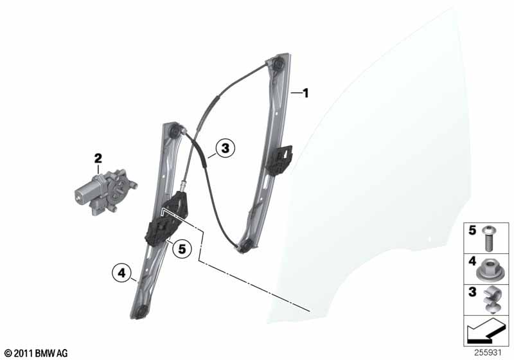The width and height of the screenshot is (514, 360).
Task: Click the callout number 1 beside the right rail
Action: click(306, 93)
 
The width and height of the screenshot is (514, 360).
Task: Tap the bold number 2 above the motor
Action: click(98, 158)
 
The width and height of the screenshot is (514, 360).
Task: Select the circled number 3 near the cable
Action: click(226, 148)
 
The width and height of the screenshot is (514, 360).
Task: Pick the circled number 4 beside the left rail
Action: click(121, 273)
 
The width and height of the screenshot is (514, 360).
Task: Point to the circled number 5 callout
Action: click(182, 249)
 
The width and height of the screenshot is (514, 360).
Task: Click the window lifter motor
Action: click(105, 192)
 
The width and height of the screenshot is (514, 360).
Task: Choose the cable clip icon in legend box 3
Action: click(490, 300)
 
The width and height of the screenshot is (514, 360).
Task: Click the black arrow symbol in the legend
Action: click(486, 330)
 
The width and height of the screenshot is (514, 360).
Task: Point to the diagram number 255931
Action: click(488, 352)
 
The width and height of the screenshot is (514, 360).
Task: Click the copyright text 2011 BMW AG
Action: click(37, 353)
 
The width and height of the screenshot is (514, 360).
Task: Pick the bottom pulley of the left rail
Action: click(140, 312)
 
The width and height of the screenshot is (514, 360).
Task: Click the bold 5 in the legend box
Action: click(472, 230)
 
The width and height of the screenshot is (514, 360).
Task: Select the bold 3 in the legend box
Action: click(472, 292)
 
